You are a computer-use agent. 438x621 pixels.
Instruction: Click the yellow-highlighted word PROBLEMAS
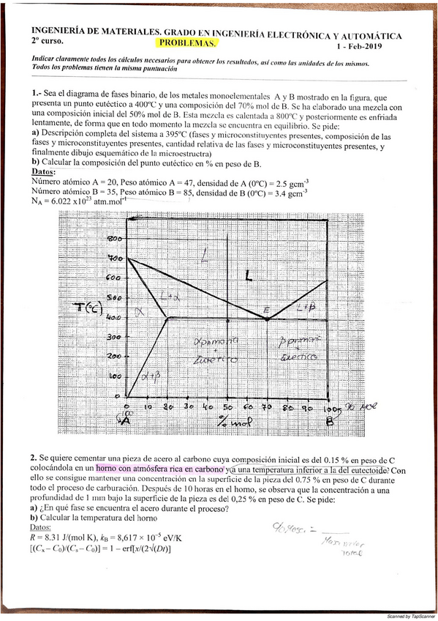tap(187, 43)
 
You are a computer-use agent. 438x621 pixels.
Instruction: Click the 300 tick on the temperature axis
tap(114, 337)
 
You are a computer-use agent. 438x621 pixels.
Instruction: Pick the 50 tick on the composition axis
tap(227, 406)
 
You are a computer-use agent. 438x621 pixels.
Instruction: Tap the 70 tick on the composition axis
tap(268, 406)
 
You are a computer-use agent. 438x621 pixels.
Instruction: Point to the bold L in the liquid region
tap(249, 276)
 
